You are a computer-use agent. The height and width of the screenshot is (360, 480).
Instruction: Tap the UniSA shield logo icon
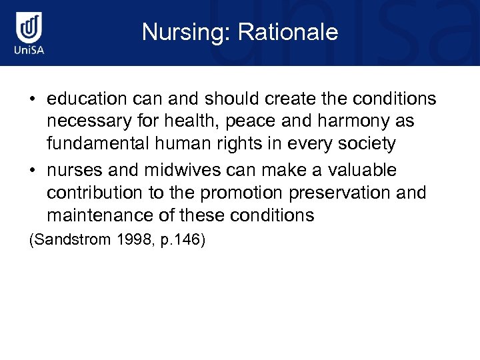point(30,28)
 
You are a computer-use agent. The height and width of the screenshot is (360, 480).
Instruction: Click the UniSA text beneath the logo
point(30,51)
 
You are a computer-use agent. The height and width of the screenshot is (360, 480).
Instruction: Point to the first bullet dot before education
point(32,100)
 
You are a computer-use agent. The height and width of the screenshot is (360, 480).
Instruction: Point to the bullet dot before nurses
point(32,171)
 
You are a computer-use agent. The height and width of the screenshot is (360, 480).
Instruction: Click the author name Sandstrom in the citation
point(72,239)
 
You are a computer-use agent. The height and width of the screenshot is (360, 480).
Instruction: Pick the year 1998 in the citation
point(131,239)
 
